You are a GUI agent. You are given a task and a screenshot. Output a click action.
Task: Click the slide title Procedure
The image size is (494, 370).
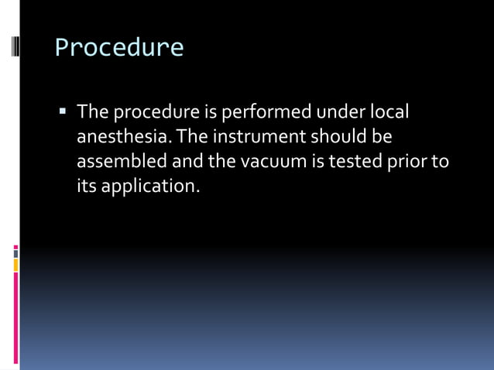(119, 48)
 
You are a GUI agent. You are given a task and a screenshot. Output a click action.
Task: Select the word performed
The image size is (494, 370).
(267, 112)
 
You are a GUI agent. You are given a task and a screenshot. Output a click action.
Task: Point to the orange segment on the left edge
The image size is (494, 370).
(15, 266)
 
